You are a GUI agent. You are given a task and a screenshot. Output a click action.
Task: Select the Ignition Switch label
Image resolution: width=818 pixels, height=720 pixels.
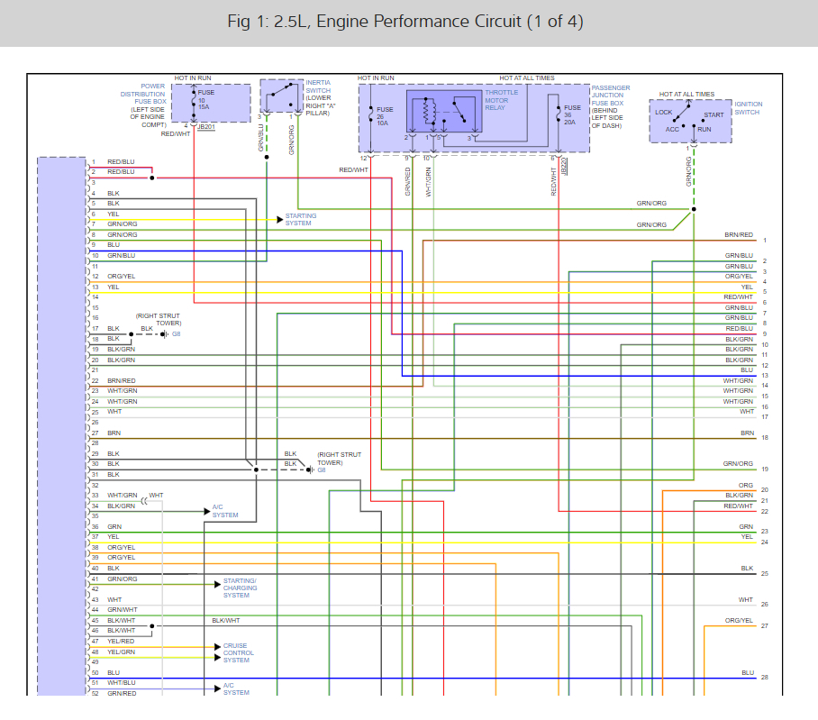click(747, 108)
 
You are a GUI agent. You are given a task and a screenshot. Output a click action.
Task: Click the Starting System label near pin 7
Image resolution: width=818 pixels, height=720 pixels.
click(301, 220)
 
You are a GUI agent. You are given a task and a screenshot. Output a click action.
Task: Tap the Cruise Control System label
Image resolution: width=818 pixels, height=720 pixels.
click(239, 653)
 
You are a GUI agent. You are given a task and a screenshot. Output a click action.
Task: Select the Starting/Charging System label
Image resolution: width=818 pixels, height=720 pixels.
click(240, 588)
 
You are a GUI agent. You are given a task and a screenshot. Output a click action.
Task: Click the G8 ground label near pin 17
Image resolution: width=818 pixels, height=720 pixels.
click(177, 334)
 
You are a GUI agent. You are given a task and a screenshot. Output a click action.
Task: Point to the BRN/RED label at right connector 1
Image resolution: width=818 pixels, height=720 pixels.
click(739, 235)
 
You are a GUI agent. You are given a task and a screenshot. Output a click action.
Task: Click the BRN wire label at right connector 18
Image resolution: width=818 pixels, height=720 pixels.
click(747, 433)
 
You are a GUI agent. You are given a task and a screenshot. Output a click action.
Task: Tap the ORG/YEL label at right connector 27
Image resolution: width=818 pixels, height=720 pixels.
click(740, 621)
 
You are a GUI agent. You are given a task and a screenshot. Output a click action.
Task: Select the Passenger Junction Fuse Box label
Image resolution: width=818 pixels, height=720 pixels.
click(611, 106)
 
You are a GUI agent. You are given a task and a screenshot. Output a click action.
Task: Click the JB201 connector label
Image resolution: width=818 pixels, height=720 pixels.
click(206, 127)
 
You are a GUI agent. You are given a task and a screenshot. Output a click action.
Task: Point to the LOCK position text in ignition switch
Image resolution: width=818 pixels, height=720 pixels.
click(664, 113)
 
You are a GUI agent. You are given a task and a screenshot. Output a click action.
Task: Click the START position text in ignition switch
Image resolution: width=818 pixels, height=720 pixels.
click(713, 115)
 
